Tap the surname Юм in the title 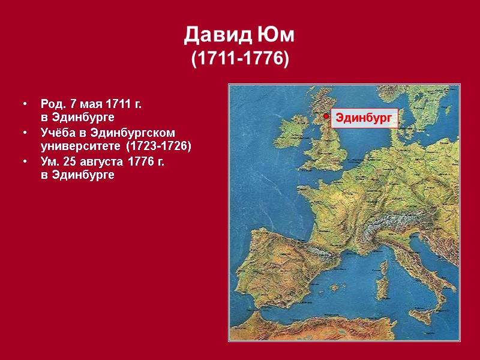tap(278, 36)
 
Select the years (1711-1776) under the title tap(239, 59)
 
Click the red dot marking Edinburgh tap(325, 116)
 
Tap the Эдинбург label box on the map tap(364, 118)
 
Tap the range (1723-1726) tap(158, 146)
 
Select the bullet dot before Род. tap(25, 104)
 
